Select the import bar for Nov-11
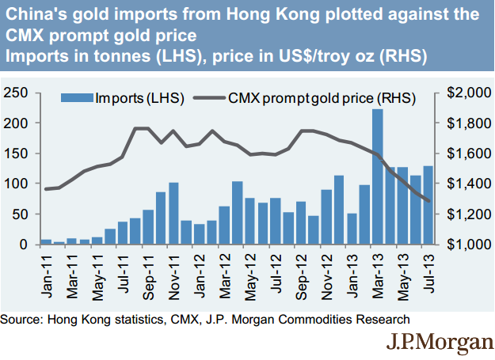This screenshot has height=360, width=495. click(x=173, y=214)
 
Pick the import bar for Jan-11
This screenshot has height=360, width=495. click(x=46, y=241)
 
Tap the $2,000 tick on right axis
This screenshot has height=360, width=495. click(x=463, y=93)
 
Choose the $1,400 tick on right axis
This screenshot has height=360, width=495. click(x=463, y=184)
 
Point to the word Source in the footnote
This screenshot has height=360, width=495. click(x=21, y=320)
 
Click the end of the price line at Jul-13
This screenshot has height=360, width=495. click(x=428, y=201)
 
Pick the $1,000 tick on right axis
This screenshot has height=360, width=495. click(x=463, y=244)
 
